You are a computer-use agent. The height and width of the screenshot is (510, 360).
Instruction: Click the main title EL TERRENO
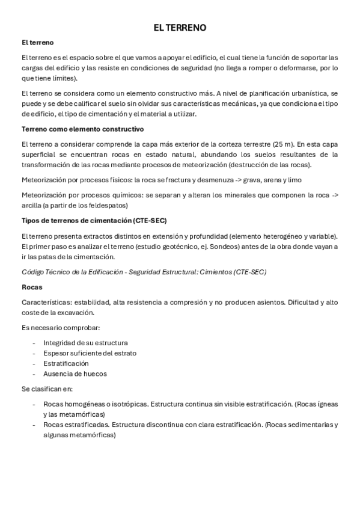pos(180,28)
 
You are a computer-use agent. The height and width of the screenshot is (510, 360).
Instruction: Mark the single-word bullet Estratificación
pos(66,363)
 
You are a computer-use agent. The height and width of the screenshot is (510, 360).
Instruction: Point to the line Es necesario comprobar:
pos(60,328)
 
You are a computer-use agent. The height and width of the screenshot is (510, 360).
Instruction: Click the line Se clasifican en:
pos(50,389)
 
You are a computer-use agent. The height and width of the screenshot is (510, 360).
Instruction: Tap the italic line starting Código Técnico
pos(144,272)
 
